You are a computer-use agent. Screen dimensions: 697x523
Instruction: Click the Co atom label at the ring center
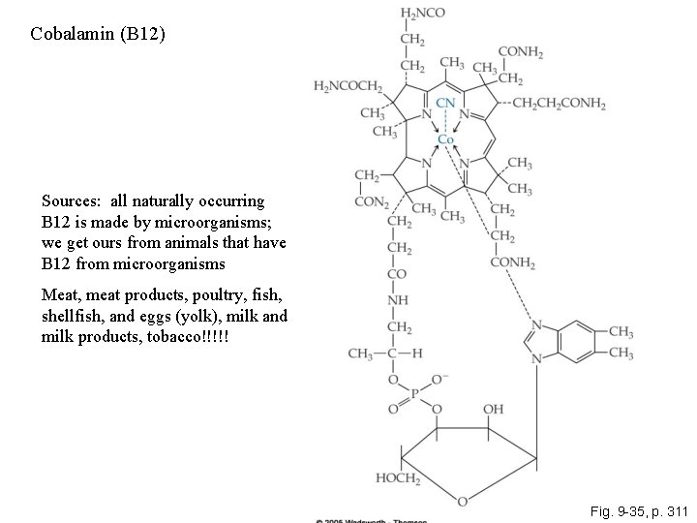tap(445, 139)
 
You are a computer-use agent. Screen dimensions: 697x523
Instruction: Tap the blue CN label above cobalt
tap(446, 102)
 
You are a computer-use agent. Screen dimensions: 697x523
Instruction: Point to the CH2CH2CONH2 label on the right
tap(559, 103)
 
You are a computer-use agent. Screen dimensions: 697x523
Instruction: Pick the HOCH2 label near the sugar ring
tap(397, 478)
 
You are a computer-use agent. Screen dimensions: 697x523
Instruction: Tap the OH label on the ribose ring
tap(493, 409)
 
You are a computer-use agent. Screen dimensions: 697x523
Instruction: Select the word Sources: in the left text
tap(73, 201)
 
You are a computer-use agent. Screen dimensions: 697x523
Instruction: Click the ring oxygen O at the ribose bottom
tap(463, 501)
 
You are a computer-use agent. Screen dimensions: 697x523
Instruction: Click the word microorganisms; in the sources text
tap(227, 222)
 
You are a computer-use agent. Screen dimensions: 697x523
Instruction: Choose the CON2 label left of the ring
tap(372, 201)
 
